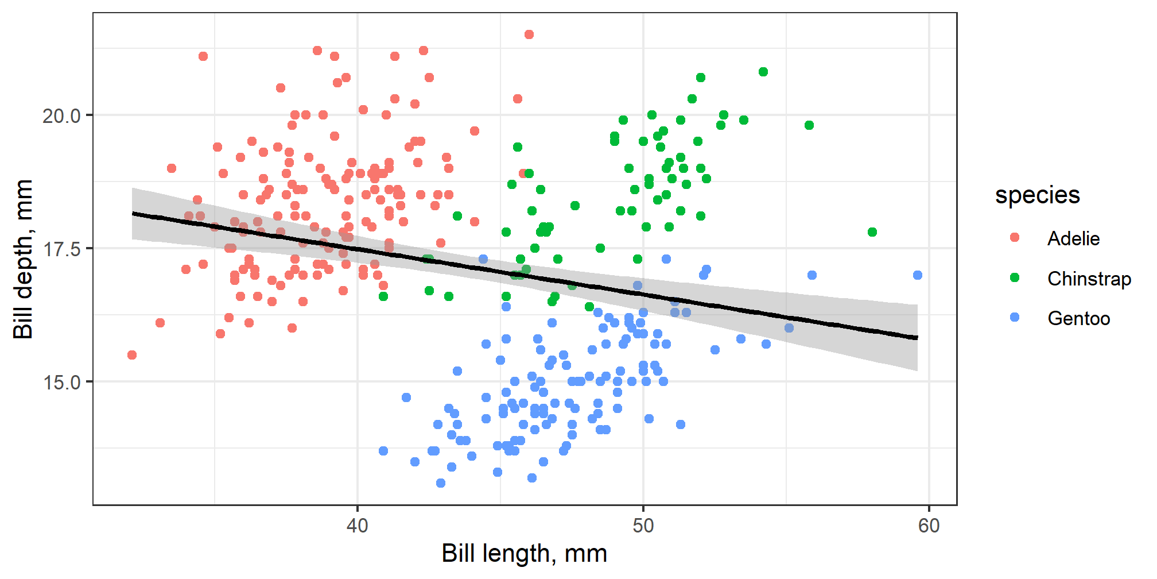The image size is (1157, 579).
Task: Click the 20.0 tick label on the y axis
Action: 61,115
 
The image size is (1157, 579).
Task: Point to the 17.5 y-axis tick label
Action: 61,249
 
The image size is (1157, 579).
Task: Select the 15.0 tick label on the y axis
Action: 61,382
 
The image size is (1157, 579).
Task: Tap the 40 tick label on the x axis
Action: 358,525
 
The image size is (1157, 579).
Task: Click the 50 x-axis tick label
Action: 643,525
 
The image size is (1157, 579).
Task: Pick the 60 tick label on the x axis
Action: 929,525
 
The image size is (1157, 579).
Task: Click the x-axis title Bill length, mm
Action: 524,554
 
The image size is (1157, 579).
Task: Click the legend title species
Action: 1037,195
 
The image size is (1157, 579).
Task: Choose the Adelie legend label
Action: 1073,238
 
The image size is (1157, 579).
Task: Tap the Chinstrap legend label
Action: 1089,279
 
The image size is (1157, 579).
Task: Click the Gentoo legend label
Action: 1078,318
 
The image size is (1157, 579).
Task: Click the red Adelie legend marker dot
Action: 1015,238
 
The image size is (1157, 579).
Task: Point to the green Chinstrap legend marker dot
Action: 1015,278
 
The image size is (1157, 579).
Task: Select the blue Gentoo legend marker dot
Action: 1015,318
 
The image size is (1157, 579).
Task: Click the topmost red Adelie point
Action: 529,34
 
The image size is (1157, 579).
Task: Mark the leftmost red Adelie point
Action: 132,355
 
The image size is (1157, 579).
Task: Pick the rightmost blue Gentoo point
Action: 918,275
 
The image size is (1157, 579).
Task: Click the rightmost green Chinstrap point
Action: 872,232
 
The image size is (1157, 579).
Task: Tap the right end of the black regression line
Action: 917,338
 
